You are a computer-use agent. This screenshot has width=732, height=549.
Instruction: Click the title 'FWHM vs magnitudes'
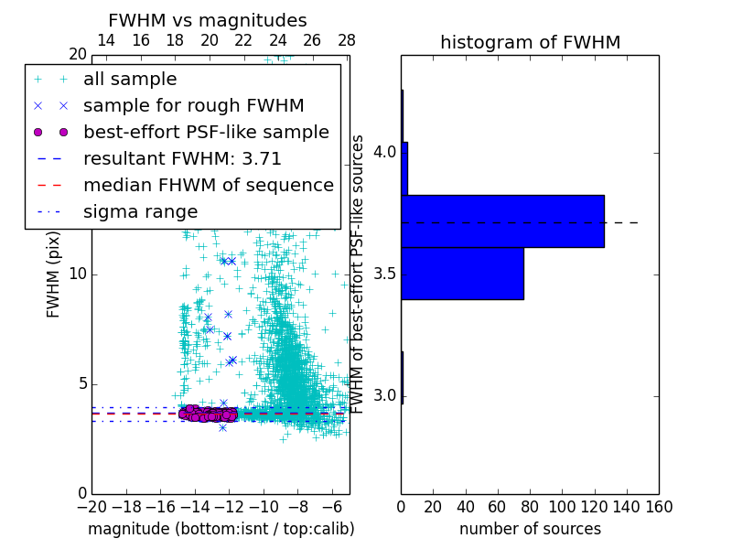[x=208, y=21]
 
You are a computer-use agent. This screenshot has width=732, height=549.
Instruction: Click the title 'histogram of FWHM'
[x=530, y=42]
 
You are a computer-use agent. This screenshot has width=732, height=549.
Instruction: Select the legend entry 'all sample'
[x=130, y=80]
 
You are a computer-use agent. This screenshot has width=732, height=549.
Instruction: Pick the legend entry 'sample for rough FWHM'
[x=193, y=105]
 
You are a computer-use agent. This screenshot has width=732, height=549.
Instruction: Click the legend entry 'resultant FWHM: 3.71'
[x=182, y=158]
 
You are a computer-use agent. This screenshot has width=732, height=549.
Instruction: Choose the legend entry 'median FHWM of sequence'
[x=209, y=185]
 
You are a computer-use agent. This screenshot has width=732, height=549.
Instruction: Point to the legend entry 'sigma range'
[x=140, y=211]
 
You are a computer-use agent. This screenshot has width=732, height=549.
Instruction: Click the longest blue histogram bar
[x=502, y=221]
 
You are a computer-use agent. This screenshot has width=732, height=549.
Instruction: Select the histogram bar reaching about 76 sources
[x=462, y=273]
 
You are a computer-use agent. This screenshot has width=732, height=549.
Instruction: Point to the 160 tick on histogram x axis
[x=658, y=506]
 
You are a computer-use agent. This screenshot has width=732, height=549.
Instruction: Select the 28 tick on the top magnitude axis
[x=346, y=40]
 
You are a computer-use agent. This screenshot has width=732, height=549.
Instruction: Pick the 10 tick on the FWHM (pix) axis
[x=77, y=274]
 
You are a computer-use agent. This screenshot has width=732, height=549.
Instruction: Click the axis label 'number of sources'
[x=530, y=529]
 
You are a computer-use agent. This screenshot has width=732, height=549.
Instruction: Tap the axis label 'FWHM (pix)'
[x=54, y=274]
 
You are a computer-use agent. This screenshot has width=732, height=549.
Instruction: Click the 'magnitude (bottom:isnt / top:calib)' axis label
[x=221, y=529]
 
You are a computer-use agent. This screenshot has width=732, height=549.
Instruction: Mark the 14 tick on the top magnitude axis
[x=106, y=40]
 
